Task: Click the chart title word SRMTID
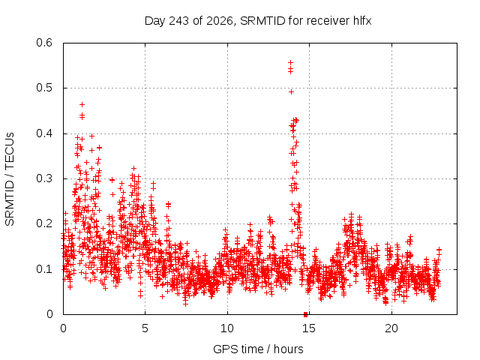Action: pos(262,21)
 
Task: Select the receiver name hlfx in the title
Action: pos(362,21)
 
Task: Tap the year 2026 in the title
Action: pos(220,21)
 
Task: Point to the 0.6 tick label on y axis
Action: pos(44,43)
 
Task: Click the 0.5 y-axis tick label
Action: pos(44,88)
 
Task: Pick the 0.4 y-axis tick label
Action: pos(44,133)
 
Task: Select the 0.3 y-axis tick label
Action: pos(44,178)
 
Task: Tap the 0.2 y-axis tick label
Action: pos(44,223)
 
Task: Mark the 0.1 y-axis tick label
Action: pos(44,269)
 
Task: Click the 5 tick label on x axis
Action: pos(145,328)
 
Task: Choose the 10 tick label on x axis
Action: pos(227,328)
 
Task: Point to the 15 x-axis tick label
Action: pos(309,328)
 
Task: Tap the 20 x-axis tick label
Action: pos(391,328)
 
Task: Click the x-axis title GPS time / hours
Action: pos(258,349)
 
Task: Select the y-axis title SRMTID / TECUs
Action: pos(10,179)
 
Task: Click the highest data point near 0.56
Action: pos(290,63)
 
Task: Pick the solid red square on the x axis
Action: pos(305,314)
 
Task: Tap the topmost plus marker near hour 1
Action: pos(82,105)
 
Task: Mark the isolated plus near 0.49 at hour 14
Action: pos(292,91)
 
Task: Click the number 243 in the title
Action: pos(178,21)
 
